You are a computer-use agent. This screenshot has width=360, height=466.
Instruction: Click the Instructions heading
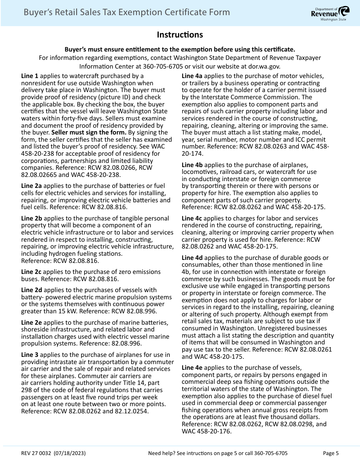click(180, 35)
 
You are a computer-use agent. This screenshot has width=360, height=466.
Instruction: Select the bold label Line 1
click(30, 76)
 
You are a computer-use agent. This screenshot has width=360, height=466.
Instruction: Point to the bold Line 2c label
click(31, 272)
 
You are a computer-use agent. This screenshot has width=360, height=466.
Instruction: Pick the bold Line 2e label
click(31, 322)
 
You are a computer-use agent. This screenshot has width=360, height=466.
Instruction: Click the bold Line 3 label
click(30, 355)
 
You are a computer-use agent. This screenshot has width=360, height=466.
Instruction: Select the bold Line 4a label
click(192, 76)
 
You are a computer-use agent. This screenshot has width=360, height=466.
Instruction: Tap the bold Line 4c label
click(192, 218)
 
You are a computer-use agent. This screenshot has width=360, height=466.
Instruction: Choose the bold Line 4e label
click(192, 367)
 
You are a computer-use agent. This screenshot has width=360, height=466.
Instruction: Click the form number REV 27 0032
click(36, 453)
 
